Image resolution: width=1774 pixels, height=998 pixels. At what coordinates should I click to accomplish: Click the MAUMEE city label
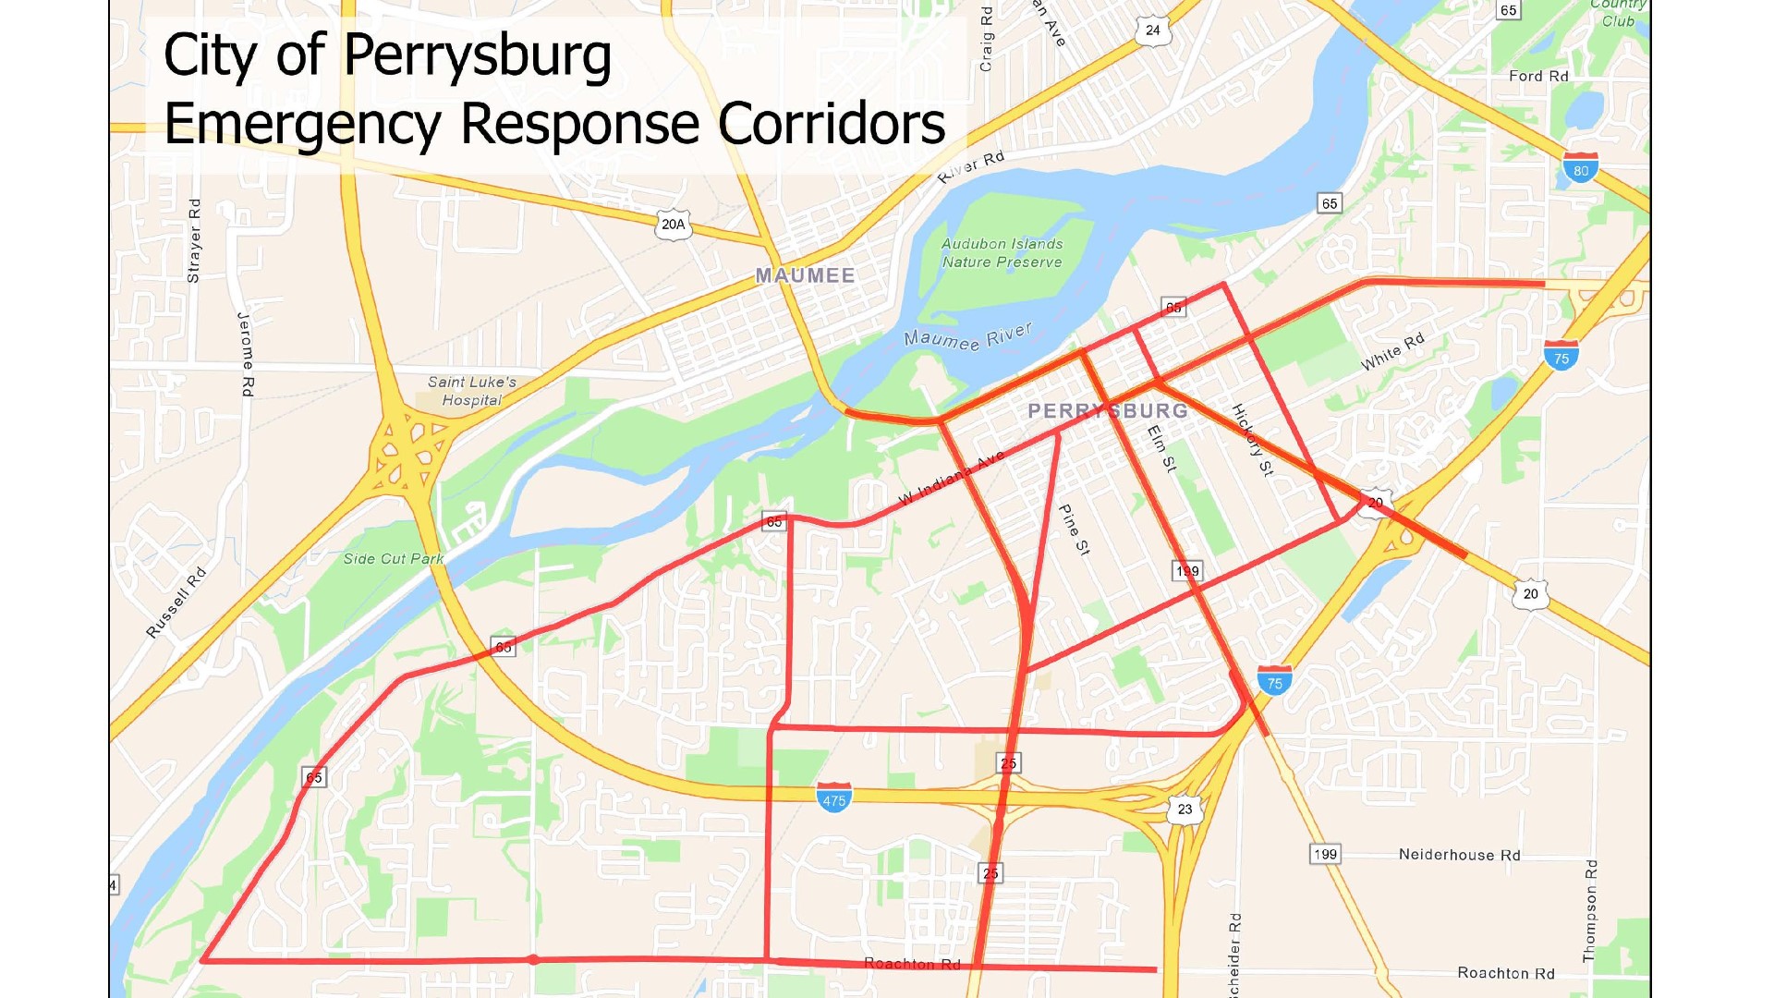click(x=805, y=275)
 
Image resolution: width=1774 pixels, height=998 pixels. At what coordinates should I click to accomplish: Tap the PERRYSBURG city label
click(x=1108, y=410)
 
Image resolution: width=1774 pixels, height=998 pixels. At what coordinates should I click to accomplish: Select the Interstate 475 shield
click(x=833, y=797)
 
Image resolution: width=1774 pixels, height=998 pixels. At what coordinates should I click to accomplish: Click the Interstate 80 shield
click(x=1581, y=168)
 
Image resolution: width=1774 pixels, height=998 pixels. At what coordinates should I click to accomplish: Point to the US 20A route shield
click(x=673, y=225)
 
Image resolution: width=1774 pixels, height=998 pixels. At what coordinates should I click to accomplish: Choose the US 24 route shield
click(x=1152, y=30)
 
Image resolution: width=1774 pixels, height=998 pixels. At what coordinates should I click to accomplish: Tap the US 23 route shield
click(x=1185, y=809)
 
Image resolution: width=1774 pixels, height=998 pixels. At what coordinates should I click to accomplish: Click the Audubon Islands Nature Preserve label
click(x=1002, y=252)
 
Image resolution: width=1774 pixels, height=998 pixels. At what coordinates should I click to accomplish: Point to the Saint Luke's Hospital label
click(x=471, y=391)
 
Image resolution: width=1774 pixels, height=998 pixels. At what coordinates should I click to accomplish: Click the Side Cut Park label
click(x=393, y=558)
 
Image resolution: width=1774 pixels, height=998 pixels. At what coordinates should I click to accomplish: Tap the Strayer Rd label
click(x=194, y=240)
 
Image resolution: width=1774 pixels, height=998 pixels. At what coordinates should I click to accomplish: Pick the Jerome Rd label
click(x=246, y=355)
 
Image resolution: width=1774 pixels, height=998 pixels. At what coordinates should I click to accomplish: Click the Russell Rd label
click(x=176, y=602)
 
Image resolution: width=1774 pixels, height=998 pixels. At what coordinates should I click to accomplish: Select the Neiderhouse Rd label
click(x=1459, y=855)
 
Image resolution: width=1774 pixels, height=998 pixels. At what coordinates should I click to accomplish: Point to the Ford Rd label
click(x=1538, y=76)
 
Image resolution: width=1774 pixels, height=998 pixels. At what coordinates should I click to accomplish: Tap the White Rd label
click(x=1392, y=351)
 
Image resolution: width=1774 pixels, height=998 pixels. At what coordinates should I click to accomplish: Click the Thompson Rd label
click(x=1590, y=911)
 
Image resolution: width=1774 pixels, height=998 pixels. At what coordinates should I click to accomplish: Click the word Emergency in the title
click(x=303, y=124)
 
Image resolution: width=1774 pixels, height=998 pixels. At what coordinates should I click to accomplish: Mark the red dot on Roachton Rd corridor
click(x=533, y=959)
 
